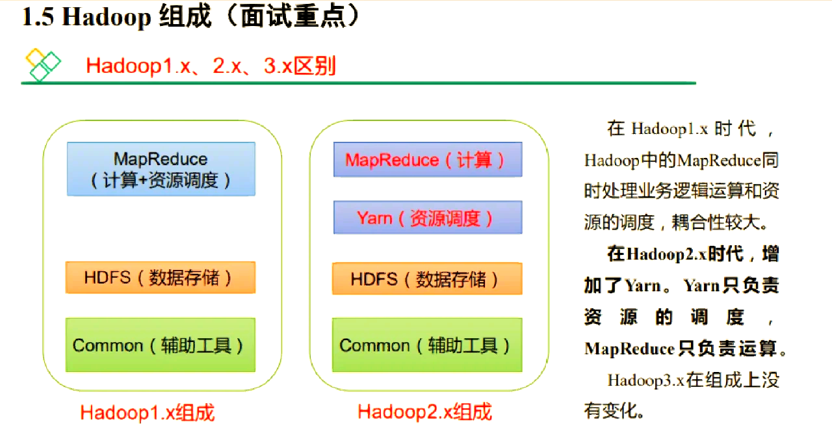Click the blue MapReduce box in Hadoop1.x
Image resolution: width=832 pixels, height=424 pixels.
(161, 169)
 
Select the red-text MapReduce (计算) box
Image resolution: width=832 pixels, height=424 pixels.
(428, 159)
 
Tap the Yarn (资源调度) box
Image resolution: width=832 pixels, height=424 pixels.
(428, 217)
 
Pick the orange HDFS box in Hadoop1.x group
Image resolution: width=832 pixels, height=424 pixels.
(161, 278)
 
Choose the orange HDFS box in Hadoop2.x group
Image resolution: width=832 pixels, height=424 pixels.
(428, 279)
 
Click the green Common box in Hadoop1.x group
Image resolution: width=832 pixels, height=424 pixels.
(161, 345)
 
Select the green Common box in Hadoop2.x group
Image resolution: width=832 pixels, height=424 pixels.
(428, 345)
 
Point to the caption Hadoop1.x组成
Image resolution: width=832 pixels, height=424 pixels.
(148, 412)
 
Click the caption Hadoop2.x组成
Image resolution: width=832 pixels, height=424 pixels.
(424, 412)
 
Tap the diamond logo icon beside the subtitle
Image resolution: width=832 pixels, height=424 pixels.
(43, 64)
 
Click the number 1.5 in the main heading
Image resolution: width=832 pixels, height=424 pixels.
(38, 17)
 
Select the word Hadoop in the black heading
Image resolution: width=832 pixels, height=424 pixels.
(107, 18)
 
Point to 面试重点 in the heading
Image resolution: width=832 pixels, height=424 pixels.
(293, 16)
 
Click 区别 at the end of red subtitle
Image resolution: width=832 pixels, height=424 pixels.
(315, 66)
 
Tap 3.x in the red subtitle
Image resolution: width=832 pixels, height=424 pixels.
(278, 66)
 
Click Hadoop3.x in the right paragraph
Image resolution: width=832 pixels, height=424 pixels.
(646, 380)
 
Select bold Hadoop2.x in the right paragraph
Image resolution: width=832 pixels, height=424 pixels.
(666, 254)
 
